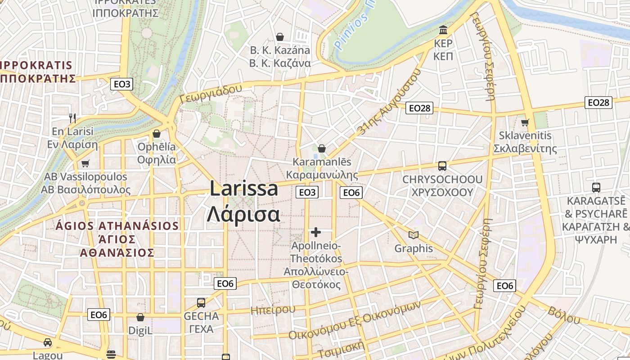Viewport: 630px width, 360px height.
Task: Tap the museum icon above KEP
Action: [x=443, y=30]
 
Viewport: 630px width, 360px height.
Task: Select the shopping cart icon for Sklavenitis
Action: [x=525, y=122]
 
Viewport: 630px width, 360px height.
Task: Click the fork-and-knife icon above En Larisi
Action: [x=72, y=118]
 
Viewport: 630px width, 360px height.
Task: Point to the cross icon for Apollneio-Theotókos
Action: [x=316, y=232]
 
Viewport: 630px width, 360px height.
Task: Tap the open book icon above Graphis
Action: [x=413, y=235]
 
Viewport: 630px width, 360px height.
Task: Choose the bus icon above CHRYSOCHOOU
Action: [x=442, y=166]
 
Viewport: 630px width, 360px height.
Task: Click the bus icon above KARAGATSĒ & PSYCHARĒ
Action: [x=596, y=188]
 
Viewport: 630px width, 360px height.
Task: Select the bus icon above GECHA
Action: [x=201, y=303]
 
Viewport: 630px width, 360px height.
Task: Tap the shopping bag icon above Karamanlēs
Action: [x=322, y=148]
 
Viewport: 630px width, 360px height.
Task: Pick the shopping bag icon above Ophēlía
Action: [x=157, y=134]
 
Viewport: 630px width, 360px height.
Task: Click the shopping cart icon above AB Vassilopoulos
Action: [x=85, y=163]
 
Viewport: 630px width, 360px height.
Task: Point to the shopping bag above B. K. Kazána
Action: [x=280, y=36]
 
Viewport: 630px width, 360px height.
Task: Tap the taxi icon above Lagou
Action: [x=48, y=342]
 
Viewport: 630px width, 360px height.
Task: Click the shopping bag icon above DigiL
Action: [x=140, y=317]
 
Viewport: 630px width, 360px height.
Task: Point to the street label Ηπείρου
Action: [x=273, y=310]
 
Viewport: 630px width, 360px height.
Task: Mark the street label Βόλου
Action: [x=564, y=315]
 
